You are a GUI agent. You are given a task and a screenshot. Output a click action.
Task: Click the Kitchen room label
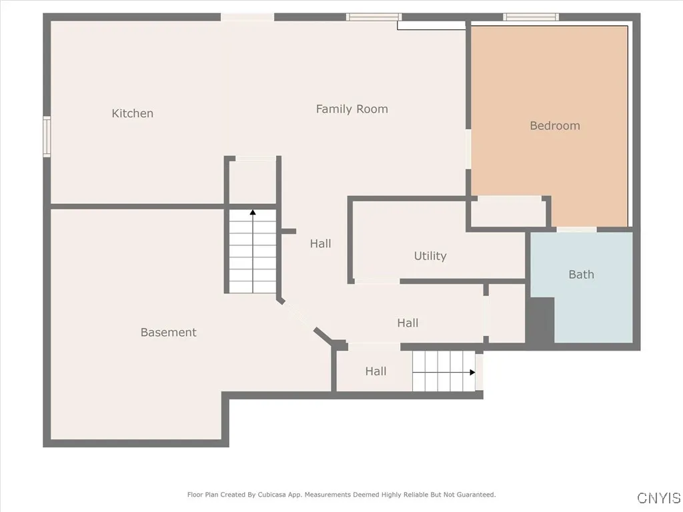pyautogui.click(x=132, y=113)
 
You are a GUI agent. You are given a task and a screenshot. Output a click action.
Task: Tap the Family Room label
pyautogui.click(x=352, y=109)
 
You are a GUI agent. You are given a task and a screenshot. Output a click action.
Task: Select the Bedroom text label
pyautogui.click(x=554, y=125)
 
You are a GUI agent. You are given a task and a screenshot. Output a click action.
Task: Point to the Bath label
pyautogui.click(x=581, y=274)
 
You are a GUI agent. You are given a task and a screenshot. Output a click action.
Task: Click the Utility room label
pyautogui.click(x=430, y=256)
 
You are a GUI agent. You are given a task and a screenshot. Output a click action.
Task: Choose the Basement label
pyautogui.click(x=168, y=332)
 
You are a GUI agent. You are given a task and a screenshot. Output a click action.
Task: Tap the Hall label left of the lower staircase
pyautogui.click(x=376, y=371)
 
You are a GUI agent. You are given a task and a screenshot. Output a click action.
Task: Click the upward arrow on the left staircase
pyautogui.click(x=253, y=213)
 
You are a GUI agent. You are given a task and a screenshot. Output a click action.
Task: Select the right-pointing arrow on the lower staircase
pyautogui.click(x=471, y=372)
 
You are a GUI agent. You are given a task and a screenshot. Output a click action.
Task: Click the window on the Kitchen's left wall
pyautogui.click(x=47, y=137)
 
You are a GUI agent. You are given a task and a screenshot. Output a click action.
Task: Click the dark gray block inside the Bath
pyautogui.click(x=541, y=320)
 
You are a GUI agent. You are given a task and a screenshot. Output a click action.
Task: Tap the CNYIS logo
pyautogui.click(x=658, y=498)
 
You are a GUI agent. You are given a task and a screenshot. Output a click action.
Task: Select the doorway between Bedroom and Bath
pyautogui.click(x=576, y=229)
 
